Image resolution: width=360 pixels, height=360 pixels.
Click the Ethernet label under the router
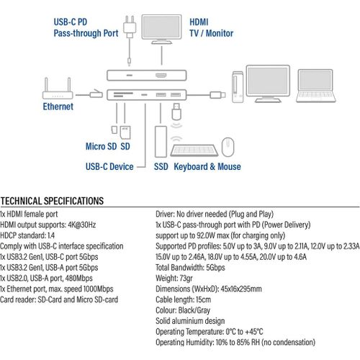(x=58, y=107)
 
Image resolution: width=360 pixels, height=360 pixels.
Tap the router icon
(x=58, y=89)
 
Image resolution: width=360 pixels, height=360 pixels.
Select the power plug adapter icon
(x=130, y=27)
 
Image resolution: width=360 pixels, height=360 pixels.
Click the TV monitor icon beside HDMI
(x=161, y=30)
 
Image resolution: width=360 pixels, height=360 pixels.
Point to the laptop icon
(x=315, y=86)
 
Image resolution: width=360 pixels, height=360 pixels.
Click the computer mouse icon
(x=228, y=147)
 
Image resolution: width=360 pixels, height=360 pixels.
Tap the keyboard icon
(x=194, y=150)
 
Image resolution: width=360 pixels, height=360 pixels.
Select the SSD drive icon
(x=161, y=142)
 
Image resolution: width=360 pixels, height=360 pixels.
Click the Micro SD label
(x=101, y=146)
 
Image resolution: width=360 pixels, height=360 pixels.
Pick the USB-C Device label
(x=109, y=166)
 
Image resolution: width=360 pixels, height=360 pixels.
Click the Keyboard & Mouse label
(x=207, y=166)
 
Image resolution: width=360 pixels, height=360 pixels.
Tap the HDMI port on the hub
(x=161, y=76)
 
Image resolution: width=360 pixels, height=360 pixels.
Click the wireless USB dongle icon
(x=176, y=112)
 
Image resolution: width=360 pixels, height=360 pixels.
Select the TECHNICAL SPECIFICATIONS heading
(x=52, y=201)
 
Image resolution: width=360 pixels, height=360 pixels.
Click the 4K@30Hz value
(x=82, y=225)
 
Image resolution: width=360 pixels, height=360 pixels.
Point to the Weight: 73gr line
(x=174, y=278)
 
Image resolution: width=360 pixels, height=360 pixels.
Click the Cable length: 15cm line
(x=184, y=300)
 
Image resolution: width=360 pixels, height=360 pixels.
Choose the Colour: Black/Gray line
(x=183, y=310)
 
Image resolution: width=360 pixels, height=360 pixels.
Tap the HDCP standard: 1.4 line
(x=27, y=235)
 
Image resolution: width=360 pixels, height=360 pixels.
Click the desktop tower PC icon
(x=238, y=86)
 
